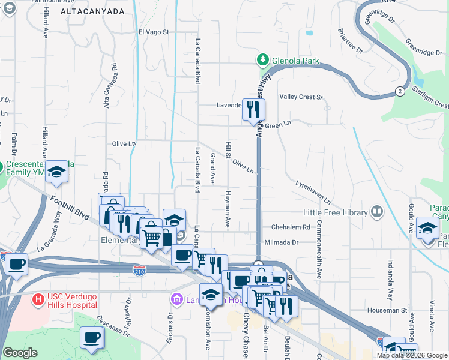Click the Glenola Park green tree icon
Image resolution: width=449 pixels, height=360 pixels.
point(262,59)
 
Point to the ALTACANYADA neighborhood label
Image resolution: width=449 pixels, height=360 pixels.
point(93,11)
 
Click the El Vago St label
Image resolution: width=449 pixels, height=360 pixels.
point(154,32)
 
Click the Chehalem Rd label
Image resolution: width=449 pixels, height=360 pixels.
point(290,228)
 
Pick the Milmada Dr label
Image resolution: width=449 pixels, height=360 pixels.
point(282,242)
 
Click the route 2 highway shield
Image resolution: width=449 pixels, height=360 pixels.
point(399,91)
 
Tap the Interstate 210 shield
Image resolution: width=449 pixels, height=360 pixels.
point(139,271)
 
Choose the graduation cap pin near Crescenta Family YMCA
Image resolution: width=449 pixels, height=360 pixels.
point(57,172)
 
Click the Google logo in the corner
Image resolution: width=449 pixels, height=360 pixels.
point(20,352)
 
